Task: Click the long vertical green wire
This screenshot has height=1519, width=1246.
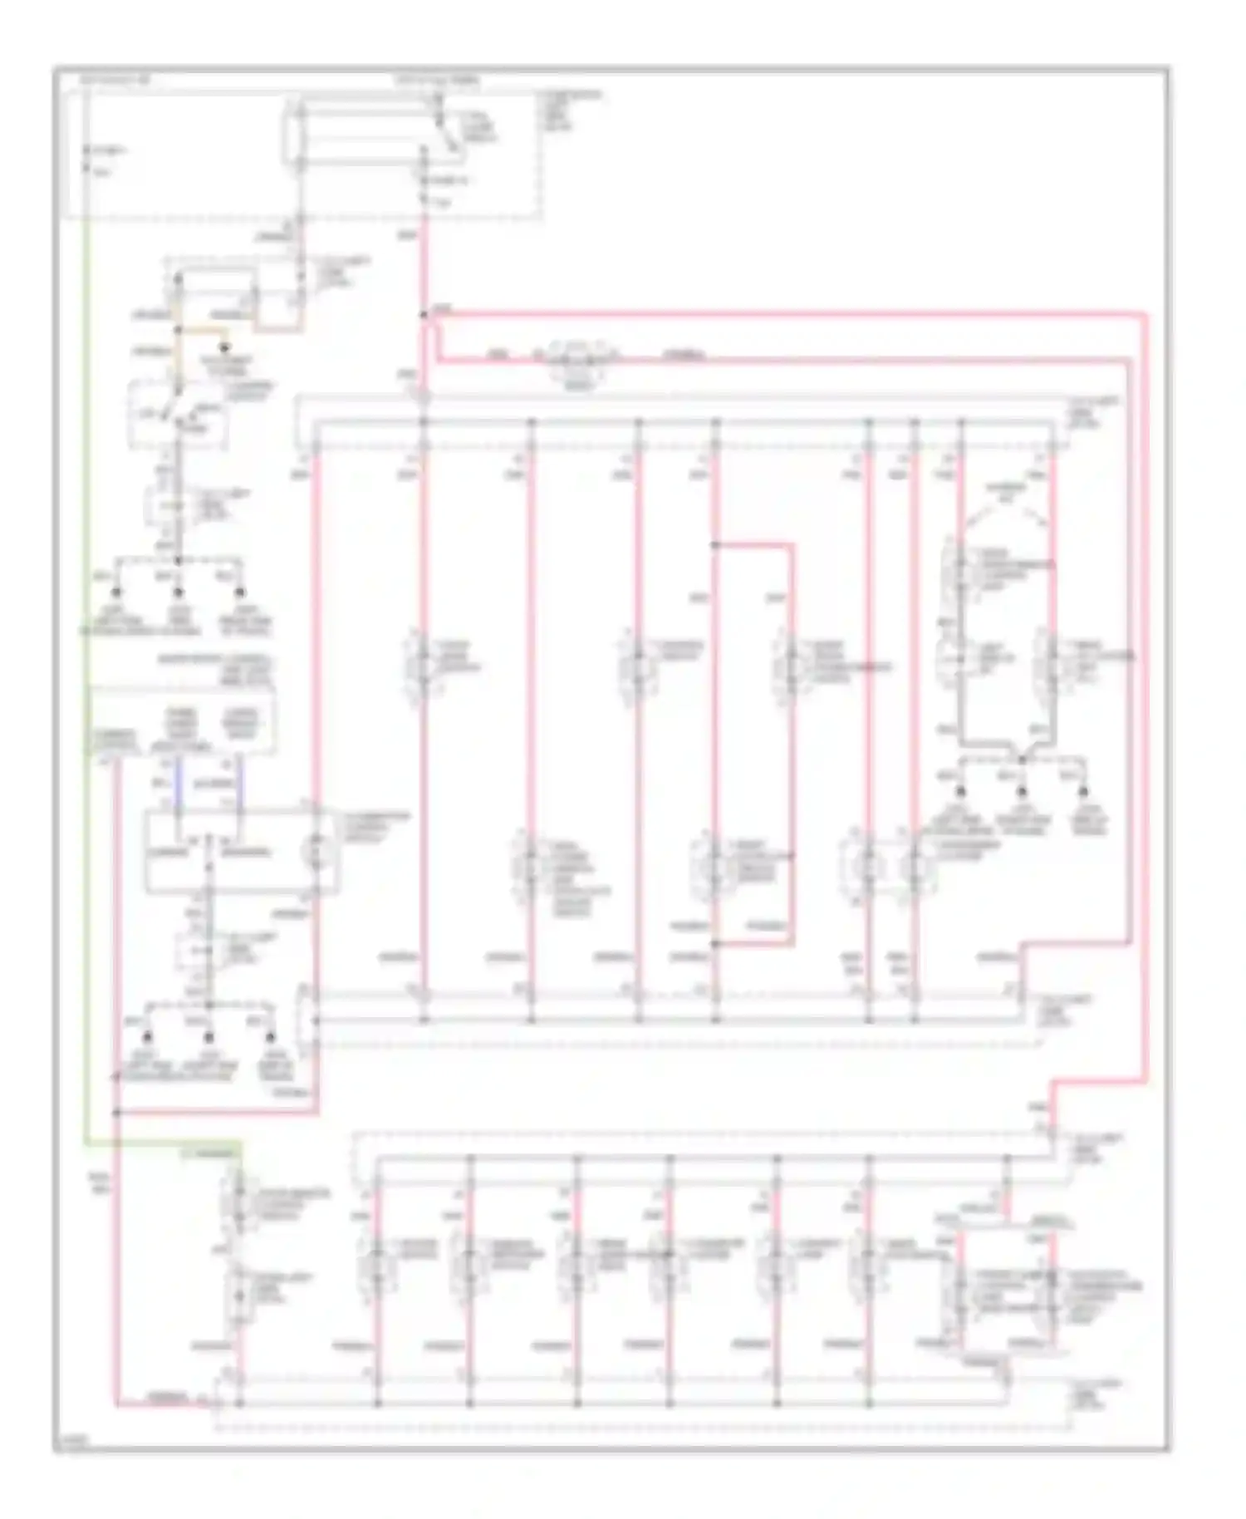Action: (x=86, y=665)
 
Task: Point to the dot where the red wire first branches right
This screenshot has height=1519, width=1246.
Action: (x=424, y=315)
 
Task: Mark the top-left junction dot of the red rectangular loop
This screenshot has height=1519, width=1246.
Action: (x=715, y=545)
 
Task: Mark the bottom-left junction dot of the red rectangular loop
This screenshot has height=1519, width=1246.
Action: (x=715, y=944)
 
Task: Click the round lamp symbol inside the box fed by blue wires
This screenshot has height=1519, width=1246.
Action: (x=317, y=850)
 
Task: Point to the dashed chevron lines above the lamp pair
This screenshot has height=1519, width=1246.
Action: (x=1005, y=504)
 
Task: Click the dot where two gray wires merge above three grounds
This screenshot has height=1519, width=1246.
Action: (x=1022, y=758)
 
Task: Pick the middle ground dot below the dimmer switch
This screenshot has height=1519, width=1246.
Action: (x=178, y=592)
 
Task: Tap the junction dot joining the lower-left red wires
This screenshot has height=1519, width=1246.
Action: (x=116, y=1113)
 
